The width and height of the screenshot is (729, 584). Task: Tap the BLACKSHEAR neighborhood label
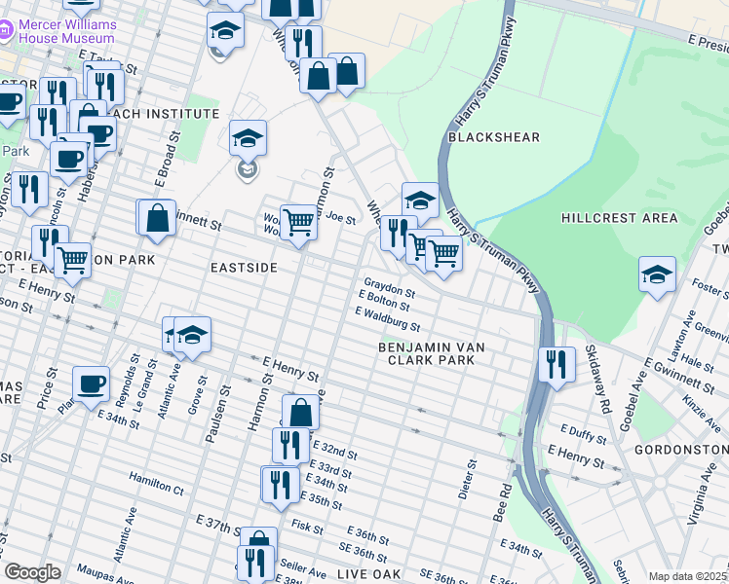493,137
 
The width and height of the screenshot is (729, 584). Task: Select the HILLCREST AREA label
612,218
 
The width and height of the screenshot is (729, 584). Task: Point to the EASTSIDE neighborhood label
244,267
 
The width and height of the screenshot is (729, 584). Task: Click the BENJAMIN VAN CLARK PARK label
432,353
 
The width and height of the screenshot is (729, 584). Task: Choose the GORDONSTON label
680,450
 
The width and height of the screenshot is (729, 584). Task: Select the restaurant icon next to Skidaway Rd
556,364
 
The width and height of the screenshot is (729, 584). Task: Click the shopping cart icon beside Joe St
298,222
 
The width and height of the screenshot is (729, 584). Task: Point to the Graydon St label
390,291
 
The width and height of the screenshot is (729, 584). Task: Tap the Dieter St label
471,481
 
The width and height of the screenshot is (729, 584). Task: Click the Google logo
32,572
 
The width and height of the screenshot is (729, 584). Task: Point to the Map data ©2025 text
687,576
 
